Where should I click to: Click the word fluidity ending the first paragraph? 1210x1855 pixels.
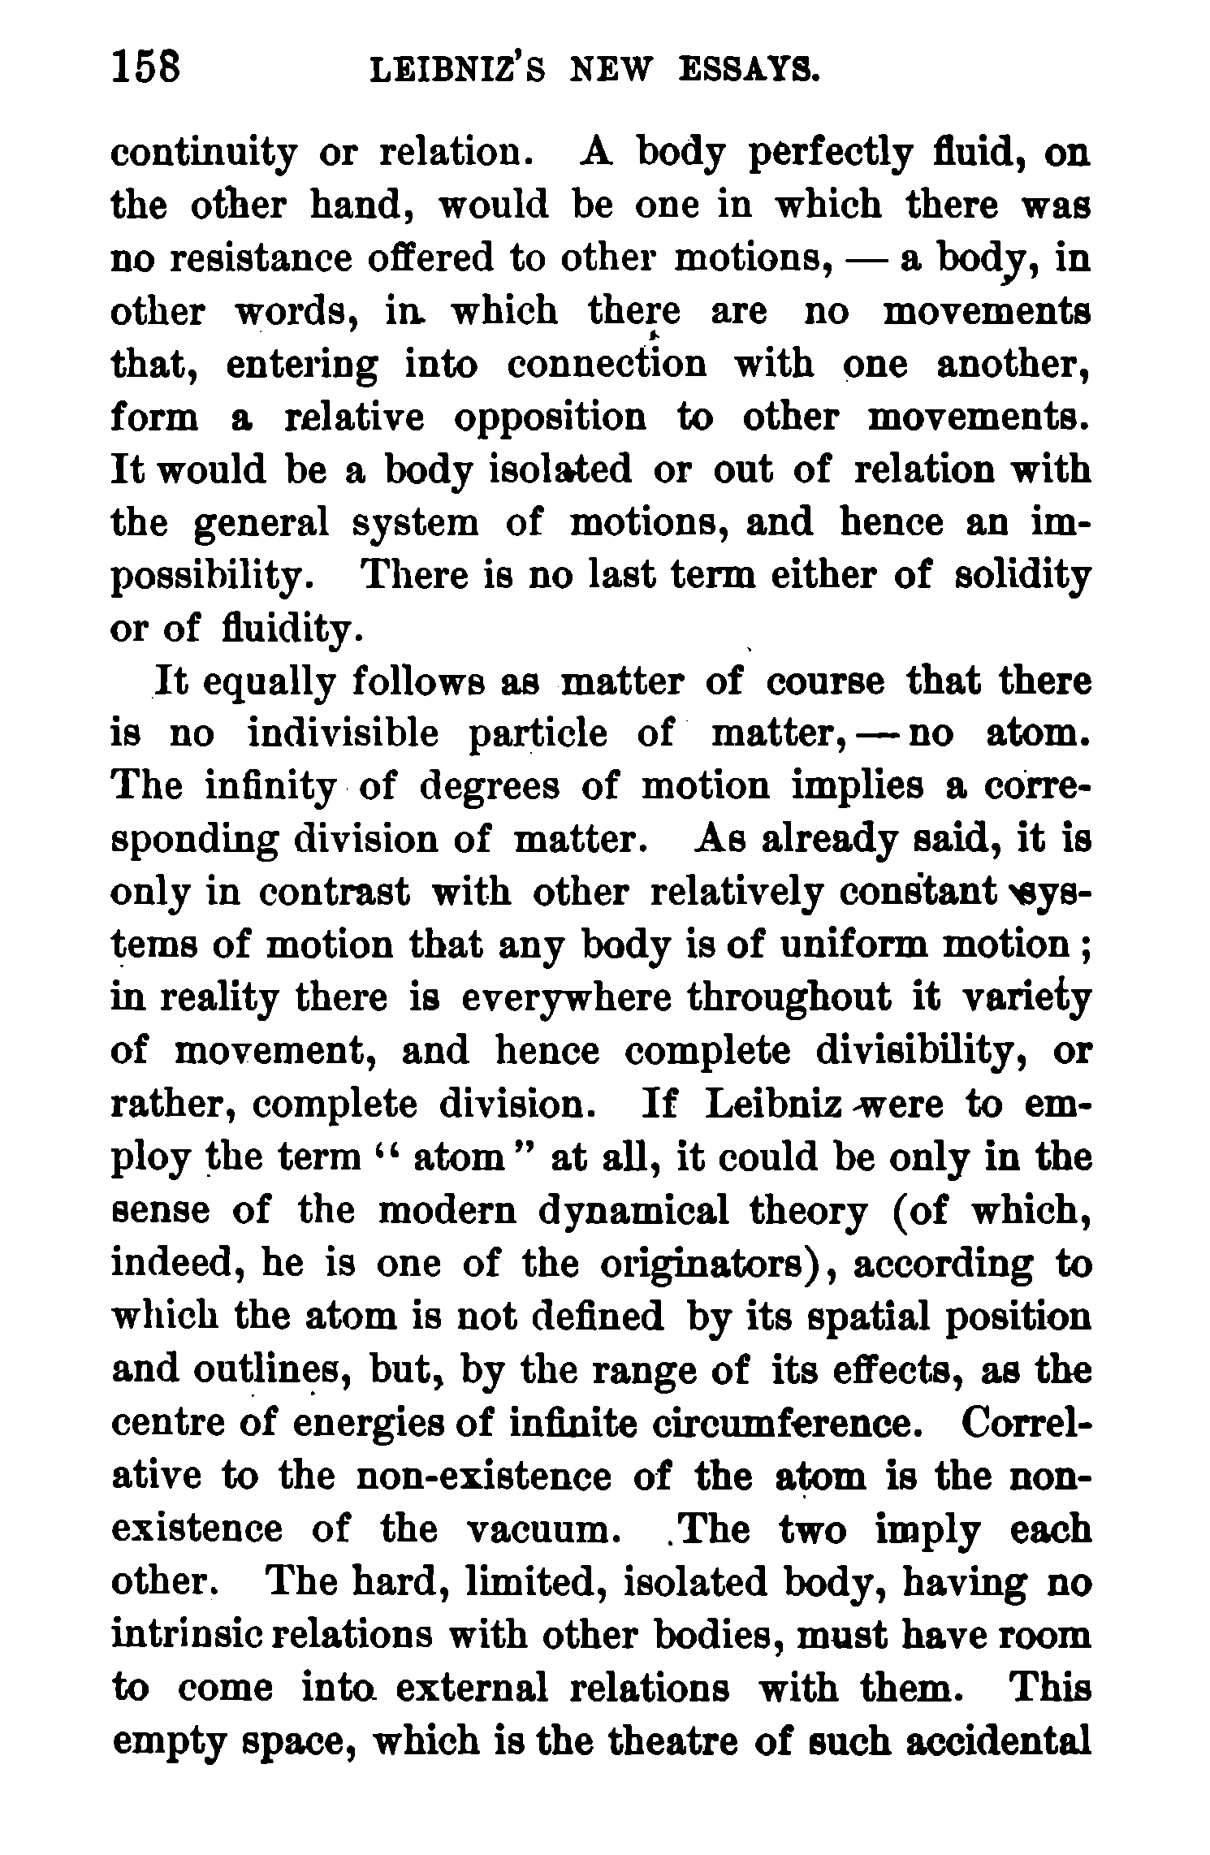coord(287,629)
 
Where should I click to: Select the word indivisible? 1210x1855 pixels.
coord(342,735)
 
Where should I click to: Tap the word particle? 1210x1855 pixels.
coord(538,735)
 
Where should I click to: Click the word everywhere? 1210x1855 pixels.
coord(566,999)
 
